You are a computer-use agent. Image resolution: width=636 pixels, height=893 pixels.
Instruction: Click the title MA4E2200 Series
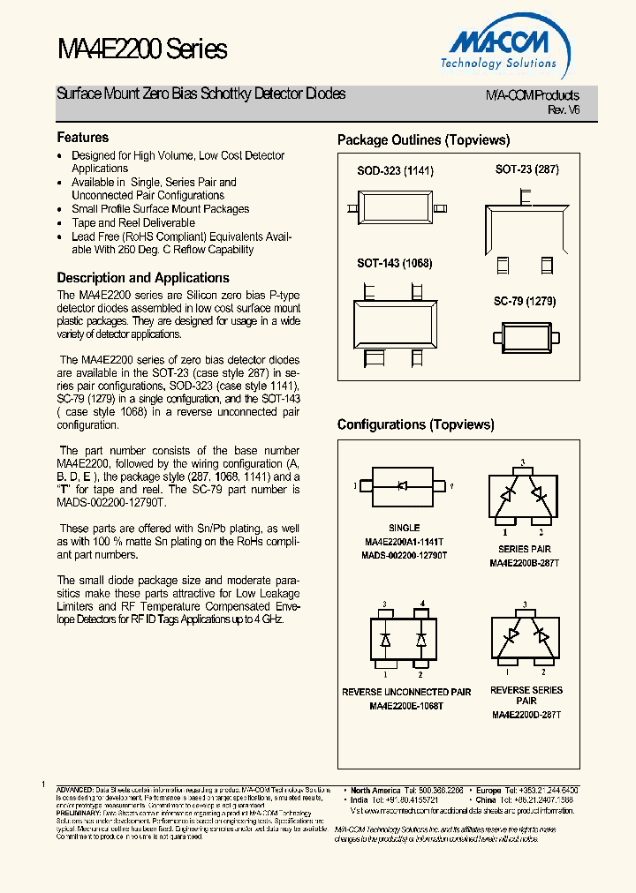142,49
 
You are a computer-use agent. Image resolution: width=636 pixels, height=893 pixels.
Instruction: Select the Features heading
83,138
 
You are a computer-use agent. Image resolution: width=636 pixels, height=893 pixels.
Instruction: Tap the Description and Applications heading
143,277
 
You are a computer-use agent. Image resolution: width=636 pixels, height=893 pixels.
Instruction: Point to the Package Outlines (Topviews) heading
424,140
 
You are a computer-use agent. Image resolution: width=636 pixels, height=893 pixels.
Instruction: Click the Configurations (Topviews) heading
416,424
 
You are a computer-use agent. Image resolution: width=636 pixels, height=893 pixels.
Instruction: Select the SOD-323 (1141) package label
395,169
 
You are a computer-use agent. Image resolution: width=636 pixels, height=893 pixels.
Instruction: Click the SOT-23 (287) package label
527,169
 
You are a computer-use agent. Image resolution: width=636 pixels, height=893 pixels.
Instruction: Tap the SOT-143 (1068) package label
395,263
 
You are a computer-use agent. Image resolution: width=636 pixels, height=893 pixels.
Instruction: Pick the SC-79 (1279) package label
525,301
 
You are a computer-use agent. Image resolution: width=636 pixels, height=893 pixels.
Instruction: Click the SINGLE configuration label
405,528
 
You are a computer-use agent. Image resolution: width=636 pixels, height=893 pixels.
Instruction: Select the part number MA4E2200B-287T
525,562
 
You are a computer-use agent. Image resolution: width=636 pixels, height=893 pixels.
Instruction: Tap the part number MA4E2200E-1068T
406,706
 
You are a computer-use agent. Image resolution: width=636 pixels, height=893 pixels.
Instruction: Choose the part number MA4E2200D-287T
526,714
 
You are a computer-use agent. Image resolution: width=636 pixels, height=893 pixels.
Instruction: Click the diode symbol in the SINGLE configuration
402,485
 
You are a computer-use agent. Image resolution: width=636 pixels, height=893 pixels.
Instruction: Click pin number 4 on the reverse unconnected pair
422,604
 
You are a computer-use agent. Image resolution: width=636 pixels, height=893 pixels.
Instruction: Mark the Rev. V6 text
563,109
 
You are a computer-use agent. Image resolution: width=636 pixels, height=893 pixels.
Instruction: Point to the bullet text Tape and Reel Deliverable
133,223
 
